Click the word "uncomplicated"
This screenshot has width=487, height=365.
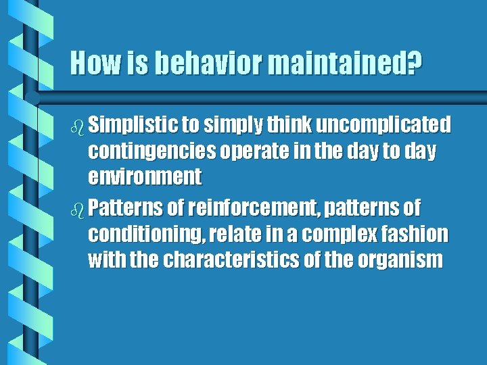pos(383,125)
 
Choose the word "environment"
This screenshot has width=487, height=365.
pos(145,178)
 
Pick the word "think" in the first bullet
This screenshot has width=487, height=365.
pos(289,125)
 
